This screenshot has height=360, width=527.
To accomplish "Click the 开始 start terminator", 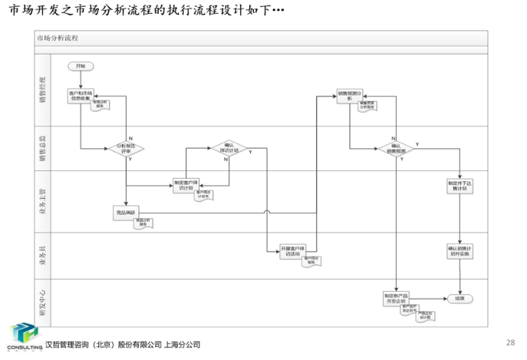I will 81,65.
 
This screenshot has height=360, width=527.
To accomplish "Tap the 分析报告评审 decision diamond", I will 125,147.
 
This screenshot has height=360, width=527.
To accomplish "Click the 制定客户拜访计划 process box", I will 187,184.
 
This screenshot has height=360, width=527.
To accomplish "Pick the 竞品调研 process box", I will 125,213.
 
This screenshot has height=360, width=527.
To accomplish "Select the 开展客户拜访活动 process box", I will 293,251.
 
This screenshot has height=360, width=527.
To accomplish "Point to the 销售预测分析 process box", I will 350,96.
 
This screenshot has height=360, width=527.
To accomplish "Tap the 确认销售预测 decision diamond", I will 395,147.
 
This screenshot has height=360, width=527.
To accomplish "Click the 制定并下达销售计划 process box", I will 459,187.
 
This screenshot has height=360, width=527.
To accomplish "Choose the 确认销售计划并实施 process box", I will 459,251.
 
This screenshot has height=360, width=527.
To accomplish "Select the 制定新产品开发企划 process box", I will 396,297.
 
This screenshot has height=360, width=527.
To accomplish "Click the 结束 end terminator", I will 460,298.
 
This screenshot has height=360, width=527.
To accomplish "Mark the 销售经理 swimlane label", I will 43,89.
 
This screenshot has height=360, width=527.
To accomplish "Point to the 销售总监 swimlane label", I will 43,143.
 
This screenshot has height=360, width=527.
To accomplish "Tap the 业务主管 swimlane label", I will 43,196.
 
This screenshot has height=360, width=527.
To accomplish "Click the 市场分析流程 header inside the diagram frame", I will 57,38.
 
